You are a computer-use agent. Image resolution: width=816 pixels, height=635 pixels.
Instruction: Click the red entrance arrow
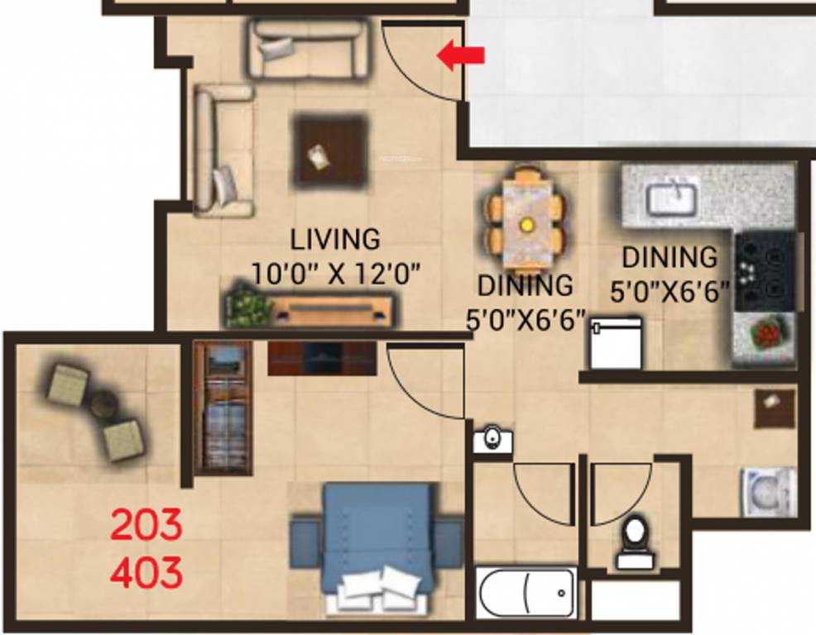(461, 56)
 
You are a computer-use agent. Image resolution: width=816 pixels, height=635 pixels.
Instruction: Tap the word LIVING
(335, 239)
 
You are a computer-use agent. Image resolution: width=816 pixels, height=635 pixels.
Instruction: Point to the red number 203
(146, 526)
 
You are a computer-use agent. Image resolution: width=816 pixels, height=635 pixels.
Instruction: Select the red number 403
(146, 572)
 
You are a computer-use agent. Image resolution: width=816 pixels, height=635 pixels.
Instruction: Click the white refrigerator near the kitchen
(615, 343)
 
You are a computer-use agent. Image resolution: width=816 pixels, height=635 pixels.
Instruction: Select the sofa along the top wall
(308, 49)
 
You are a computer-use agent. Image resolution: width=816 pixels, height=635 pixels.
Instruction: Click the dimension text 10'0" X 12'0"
(335, 272)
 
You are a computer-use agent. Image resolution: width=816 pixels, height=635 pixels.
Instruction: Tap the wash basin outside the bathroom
(492, 439)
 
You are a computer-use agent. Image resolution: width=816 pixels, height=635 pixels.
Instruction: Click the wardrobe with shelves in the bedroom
(223, 408)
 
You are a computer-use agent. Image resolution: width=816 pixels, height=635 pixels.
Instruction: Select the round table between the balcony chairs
(103, 405)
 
